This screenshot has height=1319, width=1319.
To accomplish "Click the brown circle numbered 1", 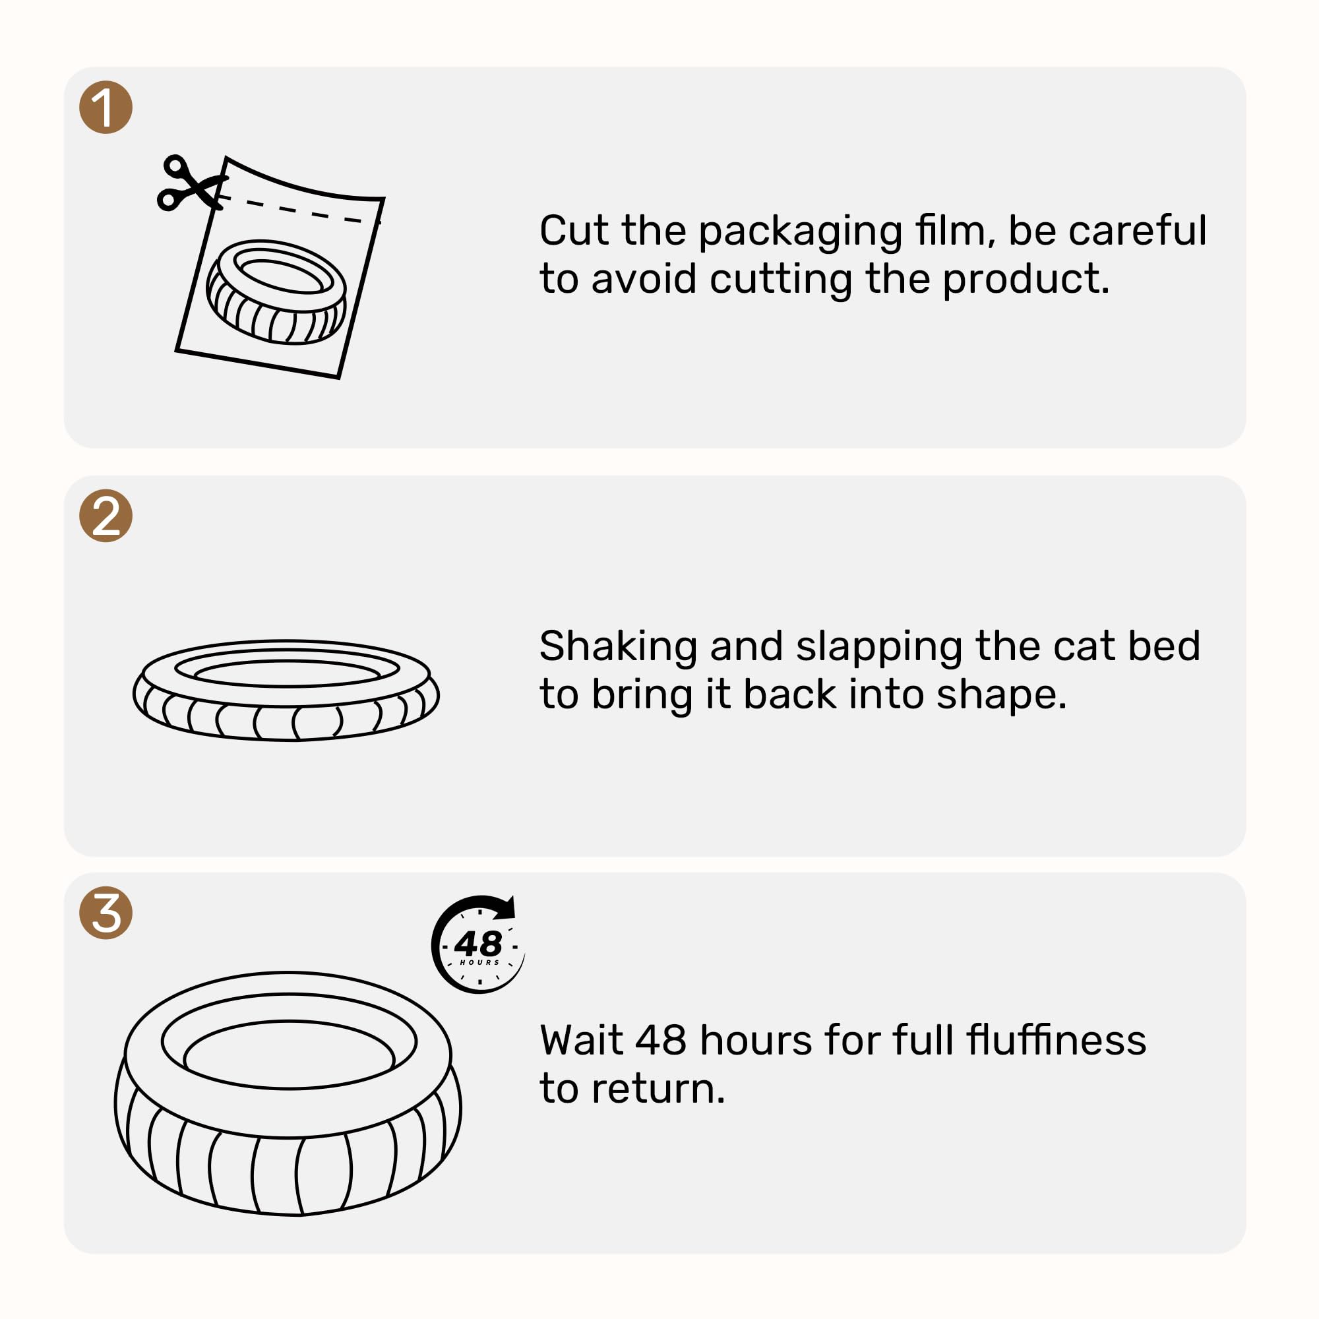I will (106, 107).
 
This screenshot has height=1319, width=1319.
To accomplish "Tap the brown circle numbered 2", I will (106, 516).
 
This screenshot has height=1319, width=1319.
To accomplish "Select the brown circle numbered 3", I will (106, 913).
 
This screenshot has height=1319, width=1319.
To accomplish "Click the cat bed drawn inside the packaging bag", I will (276, 291).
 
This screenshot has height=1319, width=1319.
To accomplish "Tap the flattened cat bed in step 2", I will (286, 690).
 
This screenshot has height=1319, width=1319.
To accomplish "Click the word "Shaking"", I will (618, 647).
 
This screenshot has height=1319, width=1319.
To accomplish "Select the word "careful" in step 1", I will (1138, 231).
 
